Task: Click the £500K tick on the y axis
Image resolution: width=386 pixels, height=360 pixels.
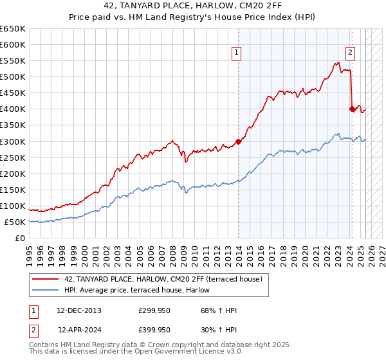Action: [x=13, y=77]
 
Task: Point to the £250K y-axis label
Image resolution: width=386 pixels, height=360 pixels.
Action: [x=13, y=157]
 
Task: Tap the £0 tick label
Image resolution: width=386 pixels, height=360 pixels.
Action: [x=20, y=239]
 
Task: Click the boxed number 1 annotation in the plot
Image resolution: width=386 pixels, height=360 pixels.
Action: [x=237, y=53]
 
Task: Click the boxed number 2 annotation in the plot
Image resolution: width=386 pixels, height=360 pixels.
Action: [x=351, y=53]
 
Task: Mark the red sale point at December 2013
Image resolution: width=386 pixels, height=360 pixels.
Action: [x=238, y=141]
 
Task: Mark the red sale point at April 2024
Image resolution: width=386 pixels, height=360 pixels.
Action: [x=352, y=109]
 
